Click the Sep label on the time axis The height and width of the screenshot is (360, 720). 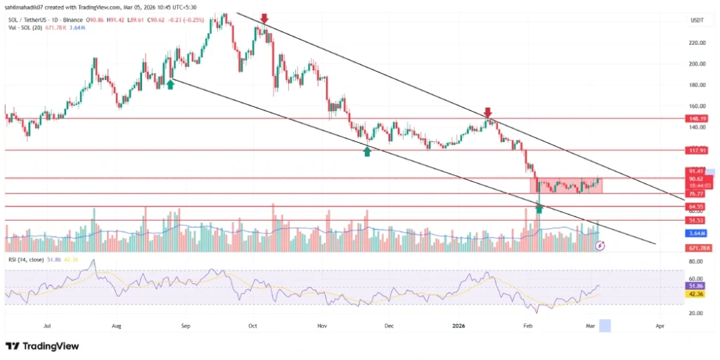coord(186,326)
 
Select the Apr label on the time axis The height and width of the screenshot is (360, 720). coord(660,326)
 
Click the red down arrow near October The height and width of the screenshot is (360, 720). coord(264,18)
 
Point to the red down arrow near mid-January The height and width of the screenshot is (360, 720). coord(488,112)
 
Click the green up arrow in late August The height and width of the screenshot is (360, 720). coord(170,84)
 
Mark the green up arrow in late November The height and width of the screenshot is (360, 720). coord(366,150)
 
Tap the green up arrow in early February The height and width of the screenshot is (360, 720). coord(539,209)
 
